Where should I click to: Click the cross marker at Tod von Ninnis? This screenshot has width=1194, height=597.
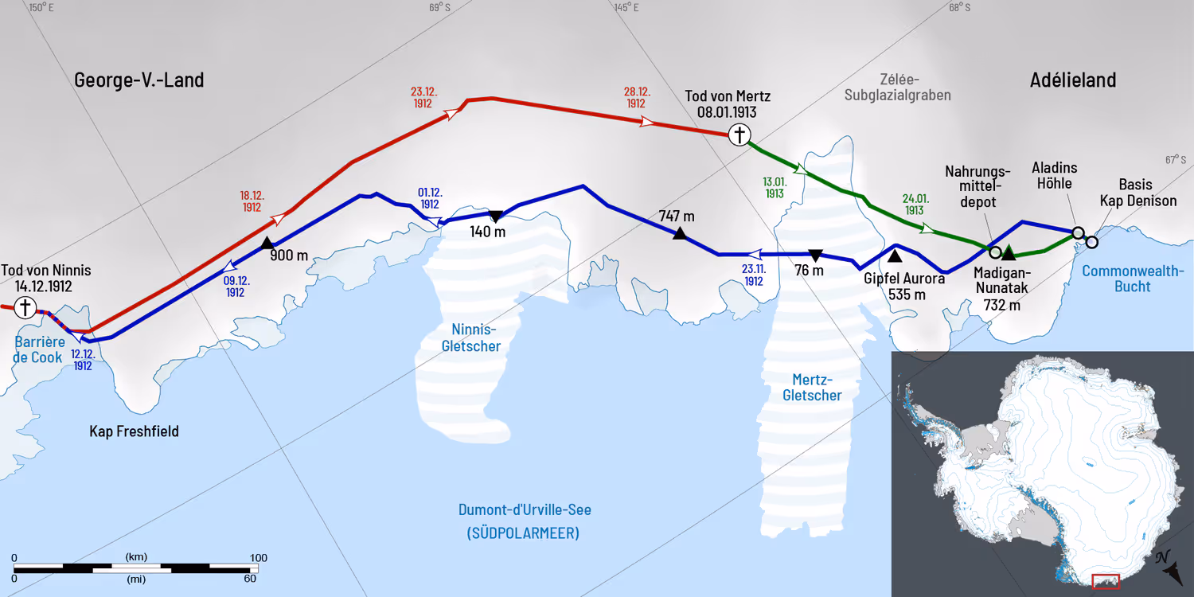(25, 306)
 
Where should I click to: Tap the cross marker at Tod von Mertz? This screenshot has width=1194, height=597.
(740, 135)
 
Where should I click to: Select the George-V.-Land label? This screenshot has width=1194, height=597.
(139, 80)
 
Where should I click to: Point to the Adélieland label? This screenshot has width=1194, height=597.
(1072, 80)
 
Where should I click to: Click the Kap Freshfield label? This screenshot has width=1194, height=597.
(134, 431)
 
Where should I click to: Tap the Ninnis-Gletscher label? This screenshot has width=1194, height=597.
(475, 338)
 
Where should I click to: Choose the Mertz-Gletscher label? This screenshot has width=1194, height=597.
(812, 387)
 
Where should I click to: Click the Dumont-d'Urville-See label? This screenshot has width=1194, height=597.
(525, 510)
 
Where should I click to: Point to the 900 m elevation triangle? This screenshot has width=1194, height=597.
(267, 243)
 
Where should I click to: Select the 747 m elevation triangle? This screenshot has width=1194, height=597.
(679, 233)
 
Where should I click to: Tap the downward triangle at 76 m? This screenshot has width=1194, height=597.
(814, 256)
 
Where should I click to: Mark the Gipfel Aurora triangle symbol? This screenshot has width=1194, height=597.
(895, 256)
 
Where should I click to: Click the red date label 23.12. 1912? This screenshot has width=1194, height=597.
(423, 97)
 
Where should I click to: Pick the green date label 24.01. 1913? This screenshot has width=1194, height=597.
(914, 205)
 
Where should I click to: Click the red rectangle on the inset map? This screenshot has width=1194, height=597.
(1106, 582)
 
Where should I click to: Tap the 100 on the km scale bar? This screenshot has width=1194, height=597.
(258, 557)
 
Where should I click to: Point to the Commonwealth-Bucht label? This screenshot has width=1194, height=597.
(1132, 279)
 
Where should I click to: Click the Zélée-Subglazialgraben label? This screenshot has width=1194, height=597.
(915, 87)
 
